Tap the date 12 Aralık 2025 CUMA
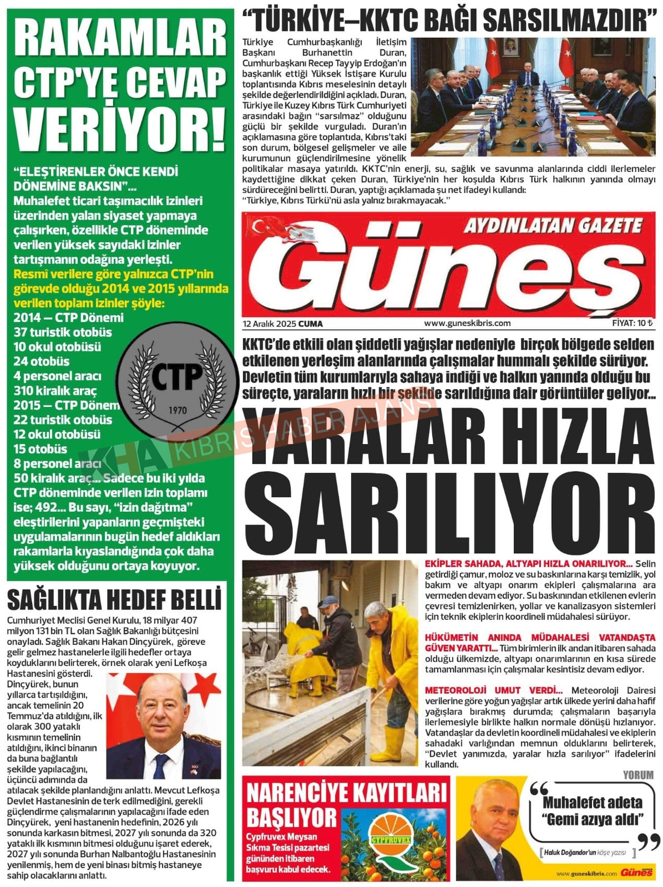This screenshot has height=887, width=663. point(282,323)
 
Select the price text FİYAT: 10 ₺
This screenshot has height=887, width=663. point(632,323)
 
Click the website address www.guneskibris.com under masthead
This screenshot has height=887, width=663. point(467,323)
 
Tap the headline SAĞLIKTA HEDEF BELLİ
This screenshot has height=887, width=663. point(114,600)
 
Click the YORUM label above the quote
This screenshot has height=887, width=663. point(638,775)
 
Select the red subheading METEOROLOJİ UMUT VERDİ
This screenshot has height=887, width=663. point(493,690)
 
